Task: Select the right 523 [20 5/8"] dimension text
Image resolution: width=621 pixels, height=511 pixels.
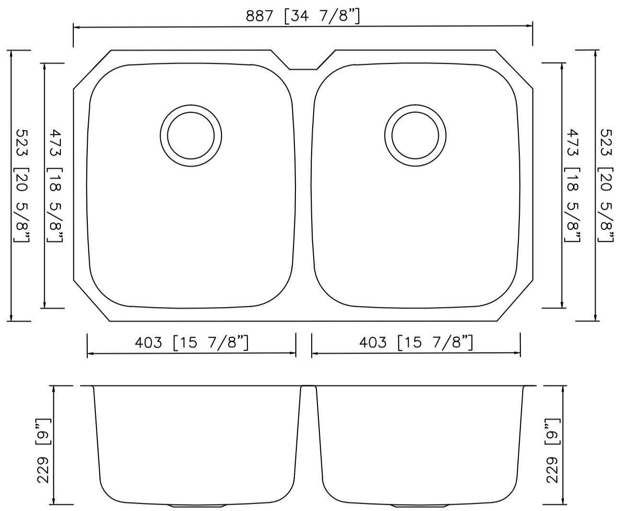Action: tap(607, 185)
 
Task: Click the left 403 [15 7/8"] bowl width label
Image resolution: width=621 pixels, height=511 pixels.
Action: tap(191, 343)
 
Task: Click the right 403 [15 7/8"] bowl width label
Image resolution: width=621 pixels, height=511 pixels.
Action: tap(416, 343)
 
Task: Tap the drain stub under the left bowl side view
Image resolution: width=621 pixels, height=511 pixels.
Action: tap(190, 506)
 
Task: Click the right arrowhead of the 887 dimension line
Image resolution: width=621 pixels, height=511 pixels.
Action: tap(530, 26)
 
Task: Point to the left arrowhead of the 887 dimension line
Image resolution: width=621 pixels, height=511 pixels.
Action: tap(76, 27)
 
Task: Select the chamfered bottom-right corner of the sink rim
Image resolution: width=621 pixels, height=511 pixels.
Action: tap(515, 301)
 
